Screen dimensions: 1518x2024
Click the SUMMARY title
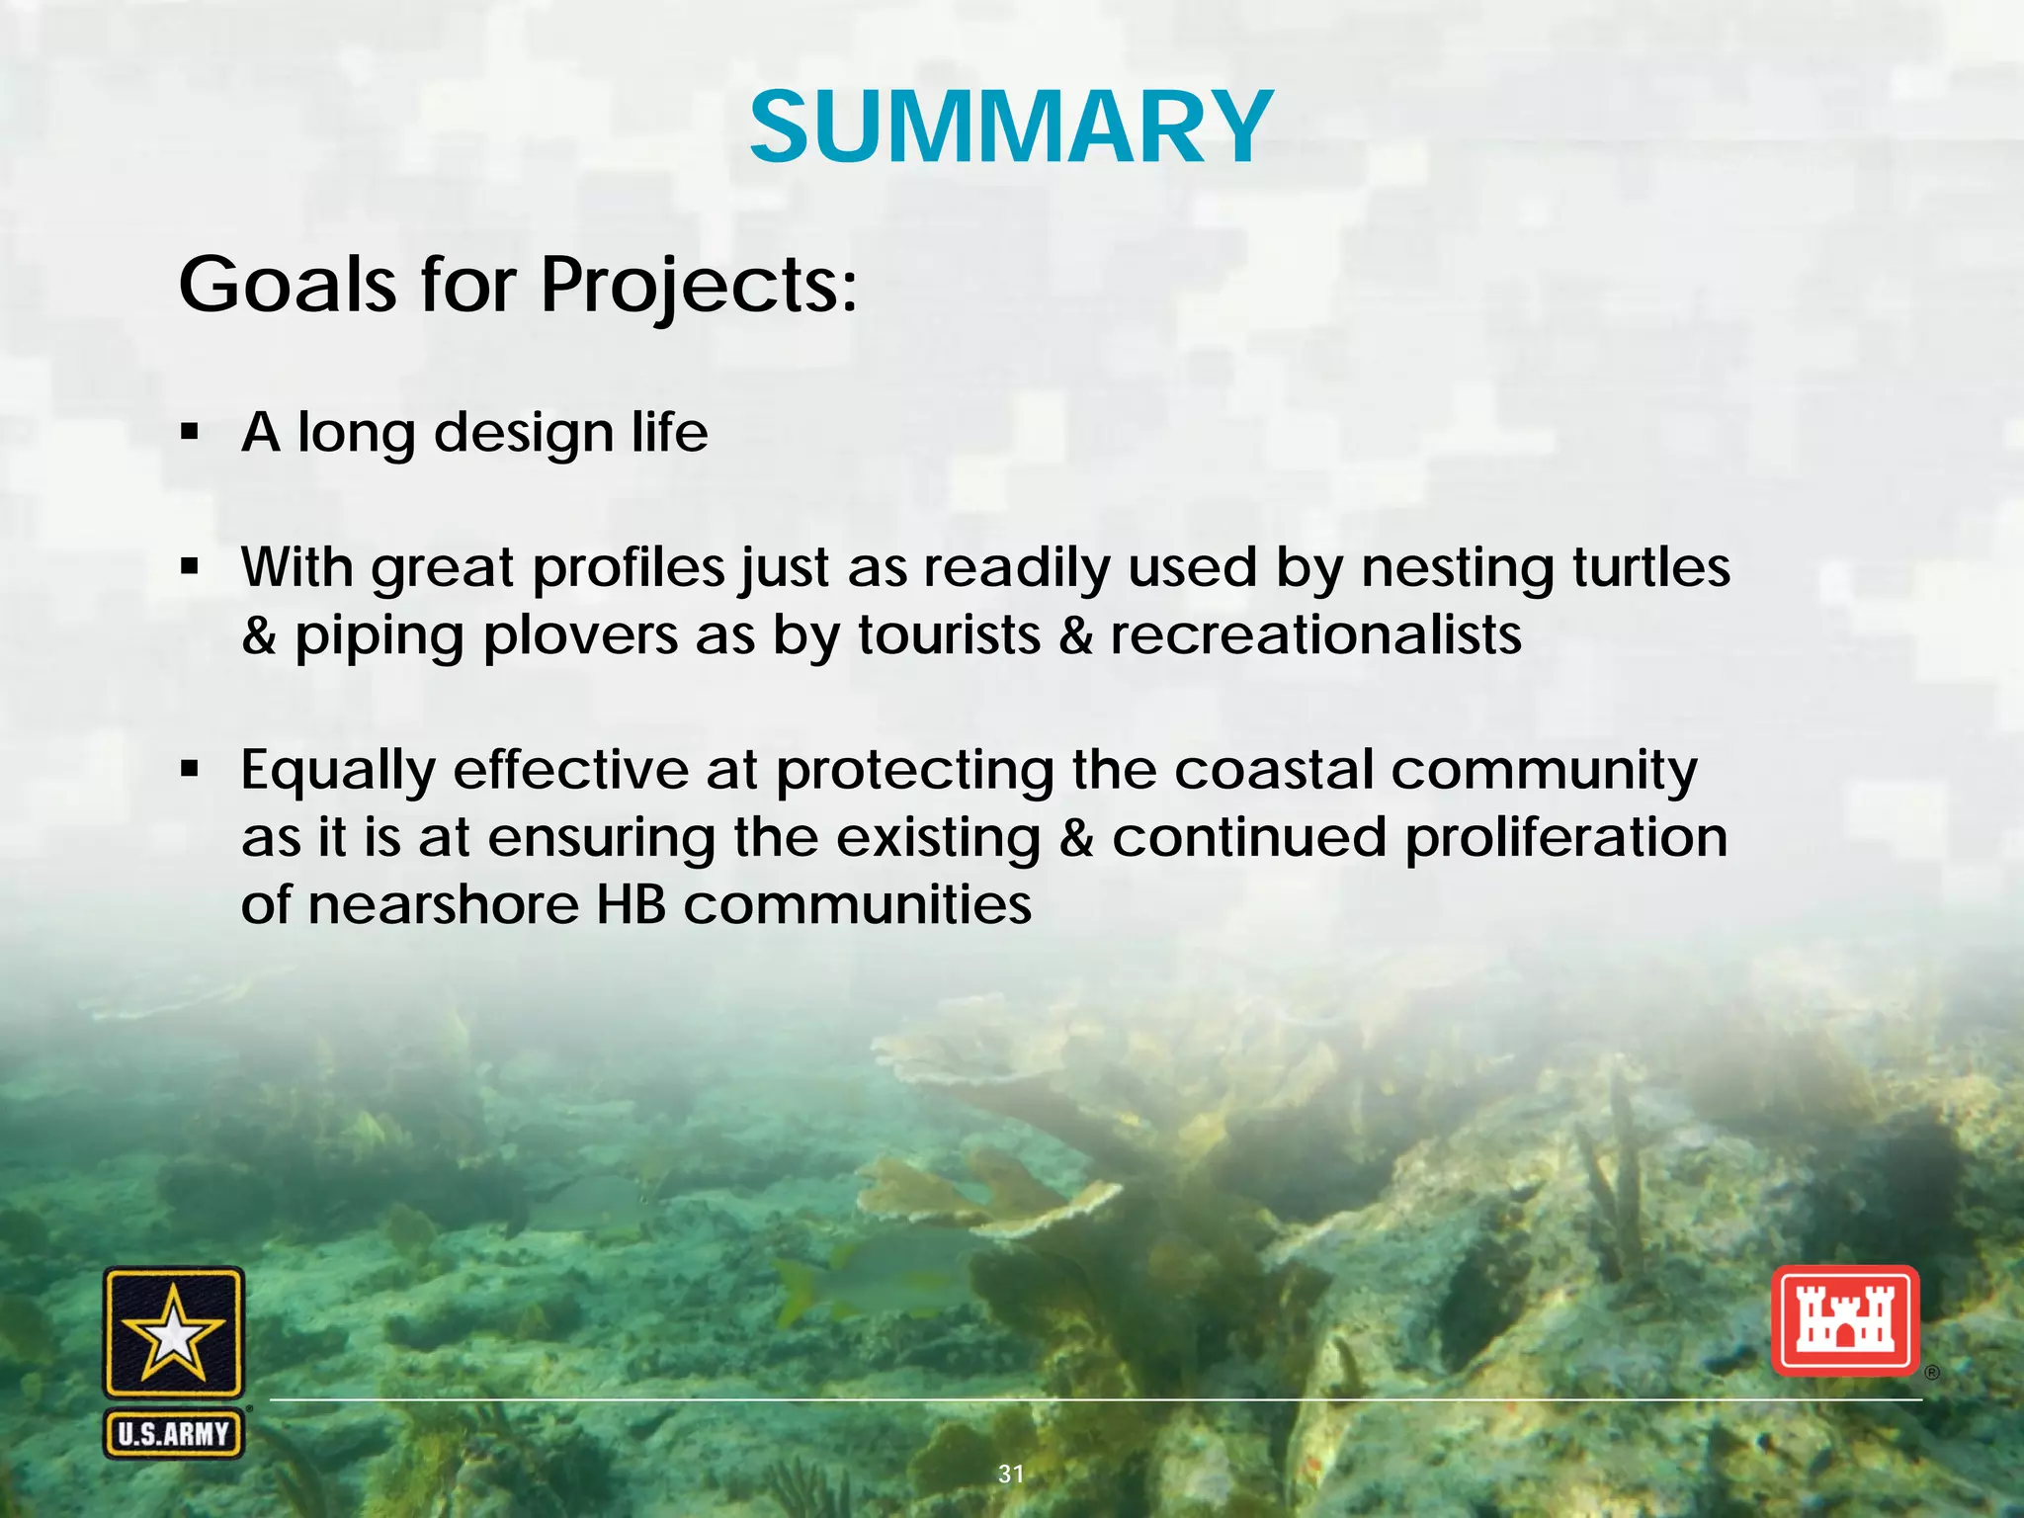[1011, 128]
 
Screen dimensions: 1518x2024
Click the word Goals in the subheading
[287, 285]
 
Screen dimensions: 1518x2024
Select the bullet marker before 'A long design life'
[191, 433]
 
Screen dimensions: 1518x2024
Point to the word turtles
[1650, 567]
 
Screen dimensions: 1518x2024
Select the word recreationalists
[1315, 634]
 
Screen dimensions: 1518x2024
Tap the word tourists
[949, 634]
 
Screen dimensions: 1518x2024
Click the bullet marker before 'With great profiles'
[191, 567]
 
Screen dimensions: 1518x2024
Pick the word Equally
[337, 772]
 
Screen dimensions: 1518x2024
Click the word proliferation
[1565, 838]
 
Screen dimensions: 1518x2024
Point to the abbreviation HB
[631, 904]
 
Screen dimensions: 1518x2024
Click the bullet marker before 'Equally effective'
[191, 769]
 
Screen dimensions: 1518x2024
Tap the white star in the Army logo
[174, 1334]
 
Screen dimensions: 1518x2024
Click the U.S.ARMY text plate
[174, 1433]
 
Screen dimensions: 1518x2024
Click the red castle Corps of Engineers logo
[1844, 1320]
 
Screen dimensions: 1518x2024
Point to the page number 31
[1011, 1474]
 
